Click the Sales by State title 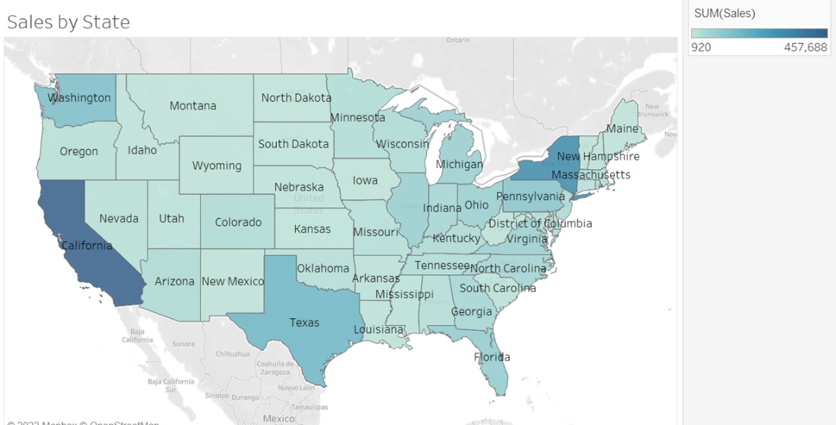point(68,22)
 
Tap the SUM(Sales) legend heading point(724,13)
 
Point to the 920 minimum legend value point(701,47)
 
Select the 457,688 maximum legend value point(805,47)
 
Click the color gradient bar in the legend point(759,33)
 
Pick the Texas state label point(304,323)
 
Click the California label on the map point(87,245)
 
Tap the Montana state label point(193,105)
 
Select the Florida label point(492,357)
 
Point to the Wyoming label point(216,166)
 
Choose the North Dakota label point(296,98)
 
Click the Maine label point(622,129)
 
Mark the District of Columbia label point(540,223)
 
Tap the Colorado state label point(238,222)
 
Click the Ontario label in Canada point(458,40)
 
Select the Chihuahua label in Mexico point(232,354)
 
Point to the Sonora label point(183,344)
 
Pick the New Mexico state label point(232,281)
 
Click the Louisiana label point(378,329)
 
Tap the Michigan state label point(459,164)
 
